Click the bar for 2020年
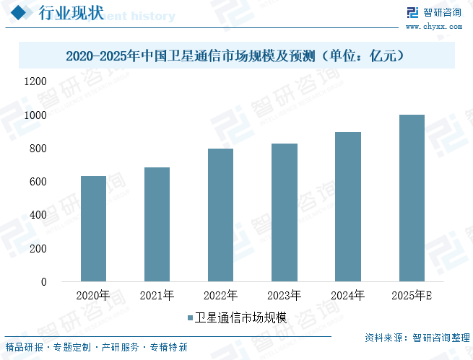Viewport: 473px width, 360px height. click(x=93, y=229)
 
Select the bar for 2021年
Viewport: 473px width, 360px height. click(x=157, y=224)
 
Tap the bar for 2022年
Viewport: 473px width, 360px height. click(x=220, y=215)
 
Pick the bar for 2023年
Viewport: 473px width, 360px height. click(x=285, y=212)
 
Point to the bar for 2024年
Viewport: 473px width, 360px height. click(x=348, y=206)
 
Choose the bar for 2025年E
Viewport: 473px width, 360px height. click(x=412, y=198)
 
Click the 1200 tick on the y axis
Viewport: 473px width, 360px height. click(x=35, y=82)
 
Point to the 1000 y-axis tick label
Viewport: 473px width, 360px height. click(x=35, y=115)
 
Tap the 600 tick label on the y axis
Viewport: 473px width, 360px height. click(x=38, y=182)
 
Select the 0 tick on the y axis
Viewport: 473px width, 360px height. click(x=43, y=282)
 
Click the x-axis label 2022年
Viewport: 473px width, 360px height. click(x=220, y=296)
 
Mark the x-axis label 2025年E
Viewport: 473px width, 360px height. click(x=412, y=296)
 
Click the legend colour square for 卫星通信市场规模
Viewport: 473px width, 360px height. click(x=190, y=317)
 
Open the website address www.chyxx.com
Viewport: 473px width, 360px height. click(x=433, y=26)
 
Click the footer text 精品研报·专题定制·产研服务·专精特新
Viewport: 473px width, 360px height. click(x=96, y=347)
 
